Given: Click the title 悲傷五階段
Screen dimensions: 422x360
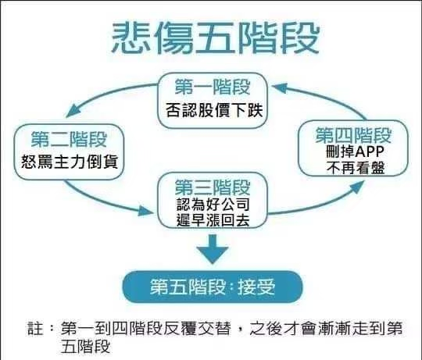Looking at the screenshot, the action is (216, 37).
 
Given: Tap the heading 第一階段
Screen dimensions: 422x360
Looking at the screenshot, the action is (213, 87).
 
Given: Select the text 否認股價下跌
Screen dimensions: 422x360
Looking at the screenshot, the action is (214, 109).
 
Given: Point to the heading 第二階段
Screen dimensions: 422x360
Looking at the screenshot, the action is (70, 139).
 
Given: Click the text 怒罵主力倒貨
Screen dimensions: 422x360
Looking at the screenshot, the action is (70, 162).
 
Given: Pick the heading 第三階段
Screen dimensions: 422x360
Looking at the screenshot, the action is (213, 187).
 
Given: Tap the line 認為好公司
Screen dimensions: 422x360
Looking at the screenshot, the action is (213, 205).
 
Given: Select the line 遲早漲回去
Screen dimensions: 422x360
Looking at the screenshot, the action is (213, 220).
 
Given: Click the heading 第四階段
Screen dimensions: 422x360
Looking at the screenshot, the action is (353, 135).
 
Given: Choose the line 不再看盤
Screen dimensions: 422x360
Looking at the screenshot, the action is (356, 167).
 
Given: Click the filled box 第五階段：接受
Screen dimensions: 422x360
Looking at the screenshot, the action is (213, 287).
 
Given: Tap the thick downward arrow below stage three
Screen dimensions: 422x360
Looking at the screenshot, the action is (213, 249).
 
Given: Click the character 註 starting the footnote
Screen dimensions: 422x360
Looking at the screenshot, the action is (35, 328).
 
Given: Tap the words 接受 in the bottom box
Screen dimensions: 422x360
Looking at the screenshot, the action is (256, 287).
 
